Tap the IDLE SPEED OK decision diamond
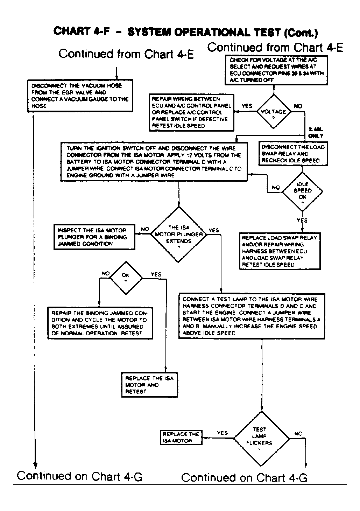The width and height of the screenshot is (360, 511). click(302, 191)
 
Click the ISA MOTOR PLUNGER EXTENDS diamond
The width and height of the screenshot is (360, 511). click(179, 234)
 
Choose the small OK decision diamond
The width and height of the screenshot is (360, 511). click(126, 278)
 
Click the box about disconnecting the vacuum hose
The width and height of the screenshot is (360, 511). click(80, 96)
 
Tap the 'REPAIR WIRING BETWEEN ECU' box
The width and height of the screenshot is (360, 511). click(191, 112)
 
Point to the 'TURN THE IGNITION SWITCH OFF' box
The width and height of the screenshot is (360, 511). click(154, 162)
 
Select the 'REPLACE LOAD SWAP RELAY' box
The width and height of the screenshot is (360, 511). click(279, 251)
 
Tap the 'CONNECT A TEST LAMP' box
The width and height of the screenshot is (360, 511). click(251, 316)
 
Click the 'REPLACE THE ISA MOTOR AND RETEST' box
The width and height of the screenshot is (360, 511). click(149, 385)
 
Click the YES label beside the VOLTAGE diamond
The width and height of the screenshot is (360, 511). click(247, 106)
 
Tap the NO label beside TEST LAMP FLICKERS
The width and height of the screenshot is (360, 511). click(298, 434)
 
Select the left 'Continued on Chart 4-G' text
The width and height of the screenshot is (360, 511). click(80, 476)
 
